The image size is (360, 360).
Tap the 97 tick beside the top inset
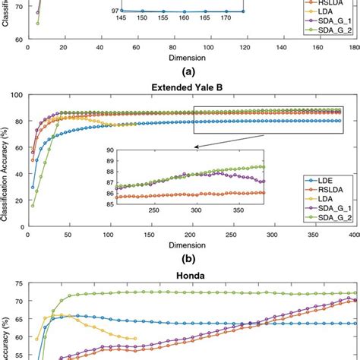pos(115,11)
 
